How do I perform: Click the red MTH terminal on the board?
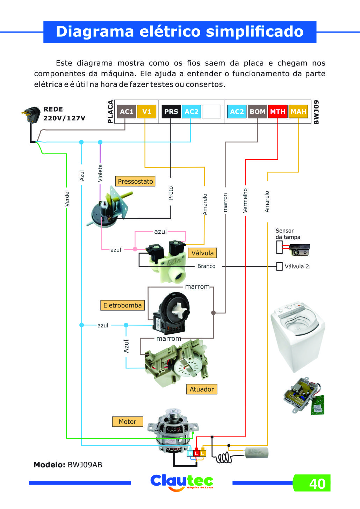tap(278, 112)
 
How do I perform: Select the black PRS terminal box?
tap(171, 112)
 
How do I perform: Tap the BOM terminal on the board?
tap(257, 112)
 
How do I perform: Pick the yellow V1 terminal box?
tap(146, 112)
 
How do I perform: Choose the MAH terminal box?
tap(298, 112)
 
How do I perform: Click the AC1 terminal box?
tap(126, 112)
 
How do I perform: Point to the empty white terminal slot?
tap(211, 112)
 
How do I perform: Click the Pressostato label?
tap(135, 181)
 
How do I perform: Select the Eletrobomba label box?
tap(122, 305)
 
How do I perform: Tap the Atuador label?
tap(202, 389)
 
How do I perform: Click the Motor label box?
tap(128, 422)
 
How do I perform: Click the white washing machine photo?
tap(298, 336)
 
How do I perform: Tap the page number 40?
tap(317, 483)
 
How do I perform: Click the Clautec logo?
tap(181, 482)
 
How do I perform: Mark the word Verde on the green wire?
tap(67, 199)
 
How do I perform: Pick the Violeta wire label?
tap(100, 173)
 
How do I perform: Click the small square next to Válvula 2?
tap(279, 266)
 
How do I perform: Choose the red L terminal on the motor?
tap(196, 453)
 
